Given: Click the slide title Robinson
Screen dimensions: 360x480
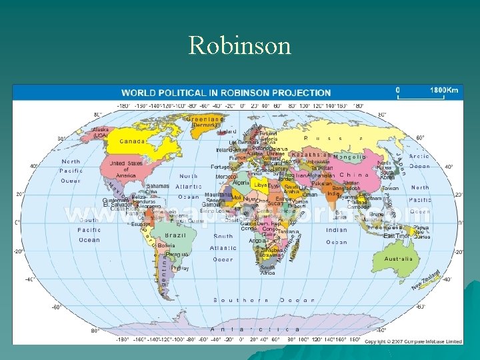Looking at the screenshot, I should [240, 45].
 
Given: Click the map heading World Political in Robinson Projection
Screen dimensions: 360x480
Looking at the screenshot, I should [225, 93].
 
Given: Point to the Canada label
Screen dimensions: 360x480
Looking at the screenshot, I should [132, 141].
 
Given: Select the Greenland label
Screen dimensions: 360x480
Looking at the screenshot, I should [205, 118].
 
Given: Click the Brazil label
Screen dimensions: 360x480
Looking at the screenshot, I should [175, 235].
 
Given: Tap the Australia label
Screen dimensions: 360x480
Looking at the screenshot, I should [398, 259].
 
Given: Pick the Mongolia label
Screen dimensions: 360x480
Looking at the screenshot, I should [349, 157].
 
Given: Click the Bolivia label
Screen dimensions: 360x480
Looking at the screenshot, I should [167, 245].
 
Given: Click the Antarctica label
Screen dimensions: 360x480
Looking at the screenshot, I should [255, 329].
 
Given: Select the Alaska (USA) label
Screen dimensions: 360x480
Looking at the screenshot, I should [101, 132].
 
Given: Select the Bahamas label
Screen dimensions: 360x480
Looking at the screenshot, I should [157, 186].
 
